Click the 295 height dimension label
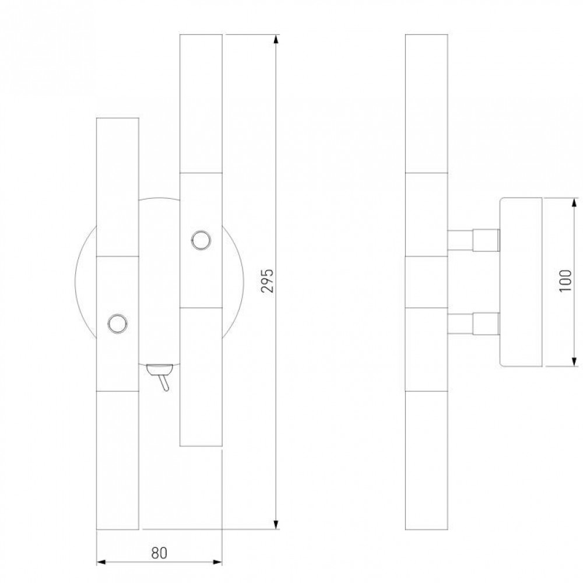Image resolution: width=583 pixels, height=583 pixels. [268, 280]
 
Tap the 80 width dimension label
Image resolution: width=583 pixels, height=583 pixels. [159, 553]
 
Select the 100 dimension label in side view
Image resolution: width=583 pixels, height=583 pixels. [565, 281]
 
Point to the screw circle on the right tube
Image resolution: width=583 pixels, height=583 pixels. [201, 240]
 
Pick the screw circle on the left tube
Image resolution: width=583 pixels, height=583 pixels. [118, 323]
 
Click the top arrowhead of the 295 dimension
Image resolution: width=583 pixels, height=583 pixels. [276, 40]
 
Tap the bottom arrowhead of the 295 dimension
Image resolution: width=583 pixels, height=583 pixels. [276, 524]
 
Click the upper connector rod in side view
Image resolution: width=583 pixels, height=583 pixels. [473, 240]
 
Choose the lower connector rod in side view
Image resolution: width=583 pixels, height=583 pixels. [473, 323]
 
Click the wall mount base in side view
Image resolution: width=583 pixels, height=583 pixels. [521, 282]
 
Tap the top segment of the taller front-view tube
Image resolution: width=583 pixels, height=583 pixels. [201, 104]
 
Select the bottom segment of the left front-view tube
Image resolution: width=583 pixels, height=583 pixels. [118, 461]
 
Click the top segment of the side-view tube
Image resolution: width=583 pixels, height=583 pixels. [427, 104]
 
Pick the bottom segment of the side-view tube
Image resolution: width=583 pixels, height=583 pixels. [427, 461]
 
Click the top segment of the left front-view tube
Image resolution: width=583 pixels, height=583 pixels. [118, 187]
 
